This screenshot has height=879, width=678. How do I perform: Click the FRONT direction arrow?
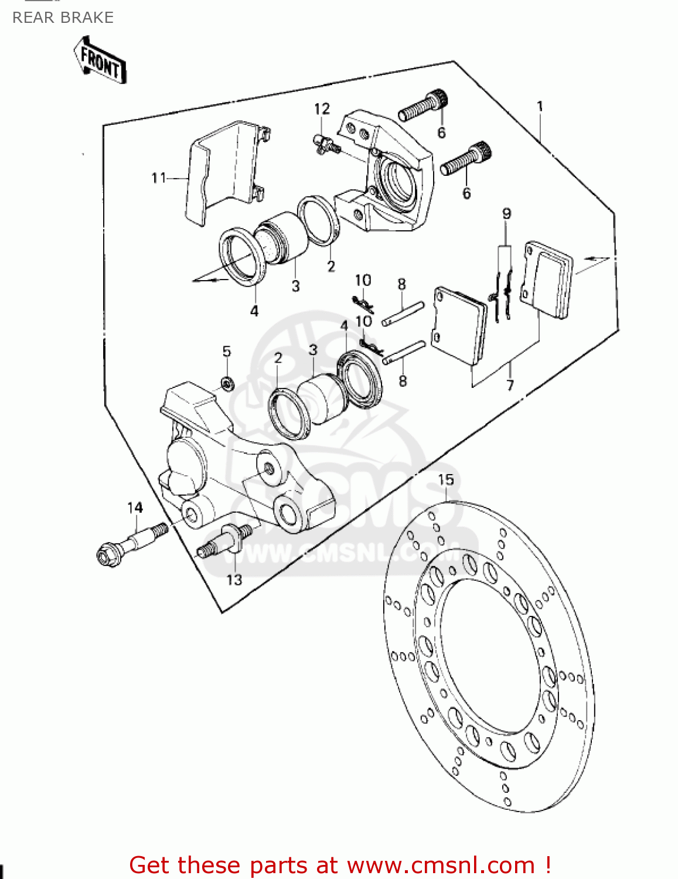click(x=100, y=60)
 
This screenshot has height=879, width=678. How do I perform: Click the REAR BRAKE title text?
click(x=63, y=18)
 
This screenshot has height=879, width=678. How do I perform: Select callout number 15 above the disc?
click(x=446, y=480)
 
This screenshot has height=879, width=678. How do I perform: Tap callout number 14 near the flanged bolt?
click(x=135, y=507)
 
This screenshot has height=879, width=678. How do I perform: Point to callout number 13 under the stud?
click(x=234, y=580)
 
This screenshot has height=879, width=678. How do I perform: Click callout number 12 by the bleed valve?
click(x=322, y=109)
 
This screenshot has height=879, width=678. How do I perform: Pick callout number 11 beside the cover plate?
click(x=159, y=178)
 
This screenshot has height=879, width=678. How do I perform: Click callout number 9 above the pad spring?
click(x=506, y=214)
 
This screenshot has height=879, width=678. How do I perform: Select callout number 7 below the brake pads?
click(x=510, y=385)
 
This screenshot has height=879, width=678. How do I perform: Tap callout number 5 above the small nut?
click(x=227, y=352)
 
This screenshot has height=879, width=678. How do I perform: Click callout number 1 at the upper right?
click(x=540, y=107)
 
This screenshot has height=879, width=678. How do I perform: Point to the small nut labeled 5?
click(x=227, y=384)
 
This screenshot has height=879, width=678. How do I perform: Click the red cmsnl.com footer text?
click(x=340, y=865)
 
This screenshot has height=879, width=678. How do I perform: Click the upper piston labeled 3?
click(x=281, y=239)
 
